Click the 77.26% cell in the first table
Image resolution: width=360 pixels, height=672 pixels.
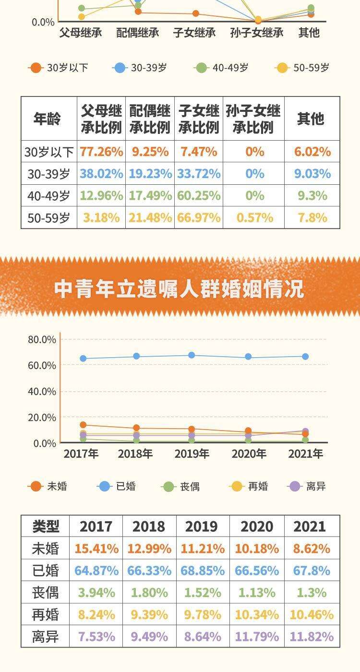(101, 152)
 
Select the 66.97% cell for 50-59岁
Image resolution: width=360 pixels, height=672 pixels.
(199, 217)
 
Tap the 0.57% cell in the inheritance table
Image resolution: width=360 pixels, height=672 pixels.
(254, 217)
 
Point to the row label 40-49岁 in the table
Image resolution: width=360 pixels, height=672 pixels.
(48, 196)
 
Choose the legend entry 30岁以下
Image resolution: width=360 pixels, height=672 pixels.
(59, 68)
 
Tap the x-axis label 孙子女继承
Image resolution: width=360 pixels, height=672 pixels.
(257, 33)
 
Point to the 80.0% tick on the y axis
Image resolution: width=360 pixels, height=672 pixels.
(42, 339)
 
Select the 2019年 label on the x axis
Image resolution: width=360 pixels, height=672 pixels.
(192, 454)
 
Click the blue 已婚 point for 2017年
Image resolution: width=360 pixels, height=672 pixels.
(83, 359)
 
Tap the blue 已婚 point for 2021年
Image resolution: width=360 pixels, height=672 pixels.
(305, 357)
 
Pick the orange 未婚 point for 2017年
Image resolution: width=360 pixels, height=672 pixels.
(83, 425)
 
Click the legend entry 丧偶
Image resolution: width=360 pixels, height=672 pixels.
(181, 487)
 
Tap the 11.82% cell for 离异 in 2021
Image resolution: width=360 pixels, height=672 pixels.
(312, 636)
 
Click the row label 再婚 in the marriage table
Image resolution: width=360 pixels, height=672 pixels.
(46, 614)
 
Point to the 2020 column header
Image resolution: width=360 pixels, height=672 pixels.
(257, 526)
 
